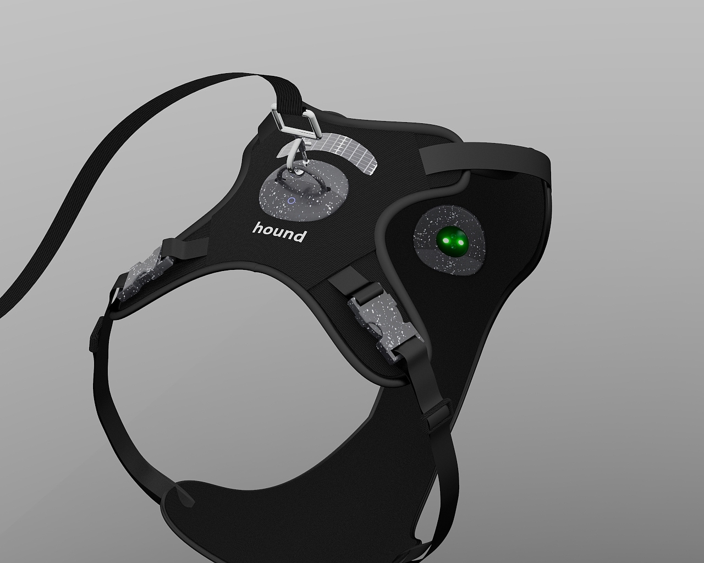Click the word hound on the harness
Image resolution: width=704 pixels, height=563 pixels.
280,232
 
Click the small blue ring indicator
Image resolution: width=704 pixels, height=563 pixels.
291,201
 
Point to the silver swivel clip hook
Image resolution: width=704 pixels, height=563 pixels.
296,154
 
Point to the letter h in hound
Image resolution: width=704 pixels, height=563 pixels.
258,228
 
